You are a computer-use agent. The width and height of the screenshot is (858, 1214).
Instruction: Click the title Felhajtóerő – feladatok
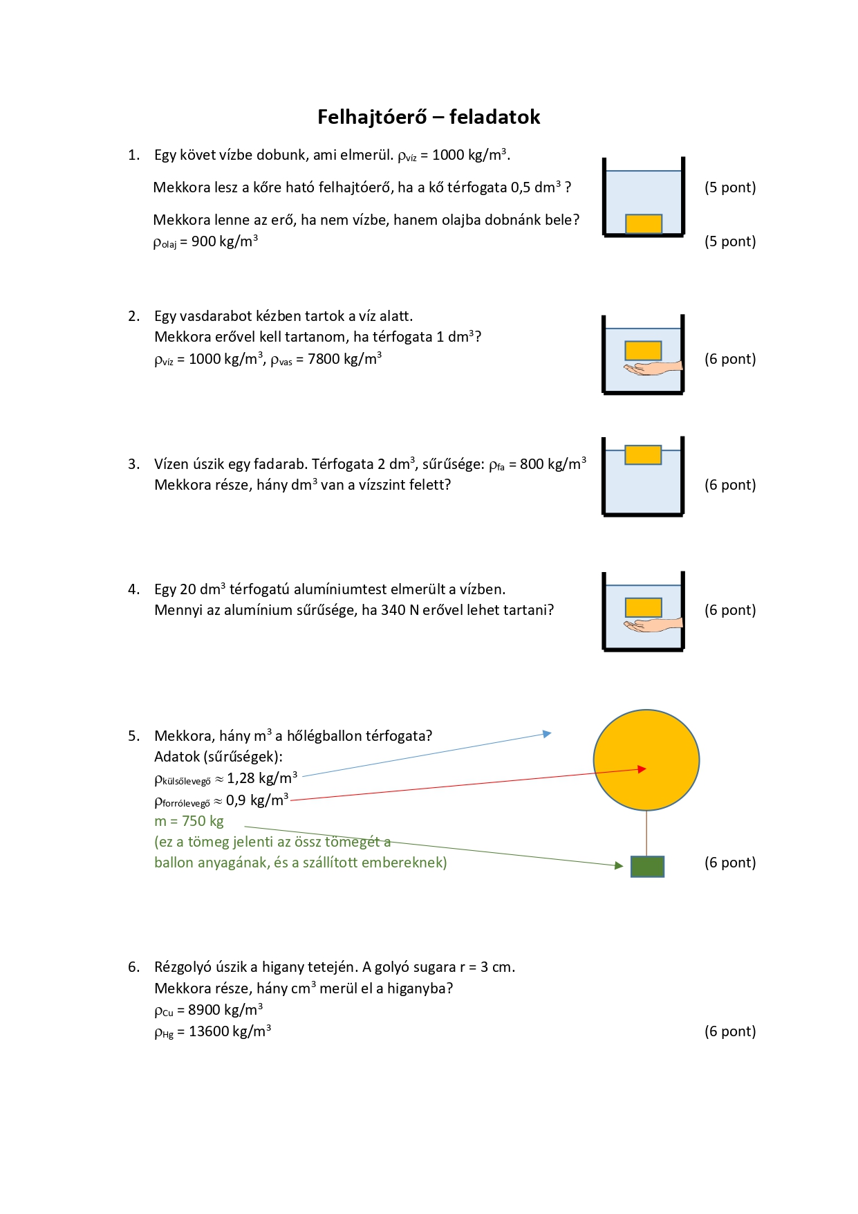[x=429, y=117]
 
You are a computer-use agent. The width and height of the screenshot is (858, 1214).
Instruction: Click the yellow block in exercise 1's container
[x=644, y=223]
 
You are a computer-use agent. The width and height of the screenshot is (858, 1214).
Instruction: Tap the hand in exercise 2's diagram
[x=653, y=368]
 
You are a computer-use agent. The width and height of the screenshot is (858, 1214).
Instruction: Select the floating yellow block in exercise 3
[x=643, y=454]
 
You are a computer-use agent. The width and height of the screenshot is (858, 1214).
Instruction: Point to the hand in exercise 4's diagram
[x=653, y=625]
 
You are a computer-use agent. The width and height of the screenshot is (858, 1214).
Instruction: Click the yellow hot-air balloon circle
[x=646, y=760]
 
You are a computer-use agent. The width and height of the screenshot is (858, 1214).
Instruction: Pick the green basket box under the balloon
[x=648, y=867]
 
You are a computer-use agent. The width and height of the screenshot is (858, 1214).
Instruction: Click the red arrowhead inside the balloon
[x=642, y=769]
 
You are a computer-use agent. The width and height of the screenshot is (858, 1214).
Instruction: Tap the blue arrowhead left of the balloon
[x=547, y=733]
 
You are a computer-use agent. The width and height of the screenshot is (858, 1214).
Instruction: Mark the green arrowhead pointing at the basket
[x=619, y=865]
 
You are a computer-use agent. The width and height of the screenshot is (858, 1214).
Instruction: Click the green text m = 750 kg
[x=189, y=821]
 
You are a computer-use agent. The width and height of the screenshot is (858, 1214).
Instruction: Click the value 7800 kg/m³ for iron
[x=344, y=358]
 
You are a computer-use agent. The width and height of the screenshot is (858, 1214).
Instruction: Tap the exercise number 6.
[x=133, y=967]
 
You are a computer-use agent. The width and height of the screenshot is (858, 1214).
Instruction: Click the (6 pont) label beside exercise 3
[x=730, y=485]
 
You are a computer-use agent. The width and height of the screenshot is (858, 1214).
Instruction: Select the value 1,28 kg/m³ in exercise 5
[x=262, y=778]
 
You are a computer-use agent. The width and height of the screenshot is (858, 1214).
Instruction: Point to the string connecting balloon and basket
[x=646, y=834]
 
